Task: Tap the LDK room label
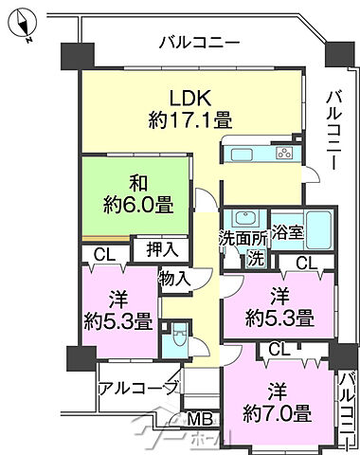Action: (x=189, y=99)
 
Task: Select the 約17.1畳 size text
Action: (x=189, y=120)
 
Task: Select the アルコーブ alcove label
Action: (x=138, y=388)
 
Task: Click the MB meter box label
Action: (x=197, y=420)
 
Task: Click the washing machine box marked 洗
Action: (x=255, y=257)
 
